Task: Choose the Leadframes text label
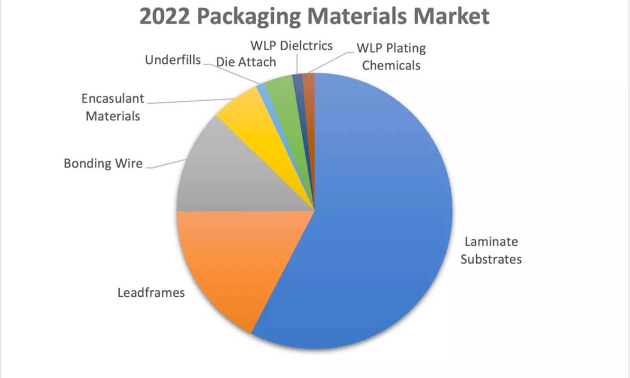151,292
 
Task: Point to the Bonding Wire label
103,163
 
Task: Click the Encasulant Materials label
113,107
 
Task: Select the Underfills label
173,60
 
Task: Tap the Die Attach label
246,62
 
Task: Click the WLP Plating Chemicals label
391,57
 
